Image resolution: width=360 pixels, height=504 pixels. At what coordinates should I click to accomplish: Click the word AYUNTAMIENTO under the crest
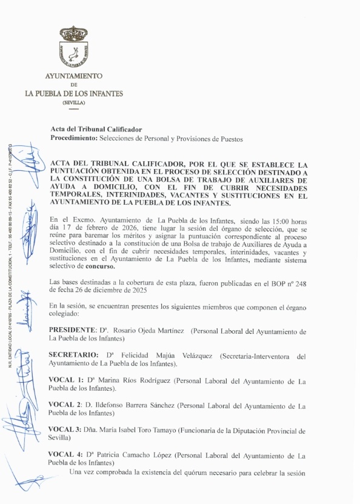click(x=74, y=76)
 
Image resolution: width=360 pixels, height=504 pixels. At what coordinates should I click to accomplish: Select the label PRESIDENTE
click(x=72, y=331)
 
